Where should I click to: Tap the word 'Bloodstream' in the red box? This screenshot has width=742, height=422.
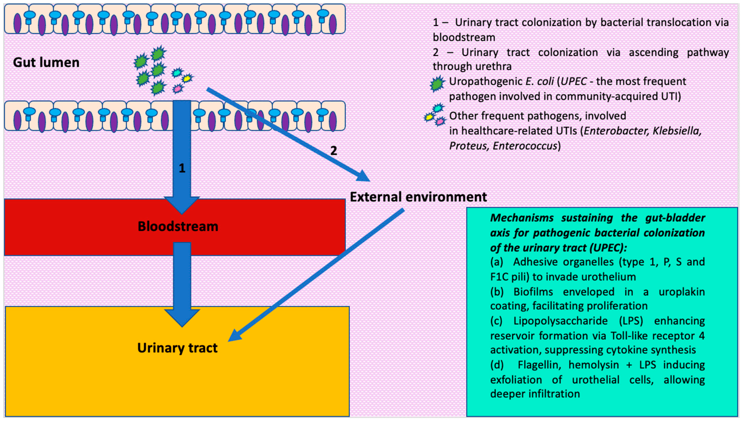pyautogui.click(x=178, y=226)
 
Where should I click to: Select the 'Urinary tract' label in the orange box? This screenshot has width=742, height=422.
pyautogui.click(x=177, y=348)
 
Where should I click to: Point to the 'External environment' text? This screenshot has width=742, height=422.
pyautogui.click(x=418, y=197)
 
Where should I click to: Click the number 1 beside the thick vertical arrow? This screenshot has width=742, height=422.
pyautogui.click(x=182, y=168)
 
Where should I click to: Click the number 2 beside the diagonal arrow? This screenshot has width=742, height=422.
pyautogui.click(x=334, y=151)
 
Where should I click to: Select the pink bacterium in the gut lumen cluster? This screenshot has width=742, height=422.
pyautogui.click(x=178, y=88)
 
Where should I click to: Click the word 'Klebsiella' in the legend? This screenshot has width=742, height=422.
pyautogui.click(x=677, y=131)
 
